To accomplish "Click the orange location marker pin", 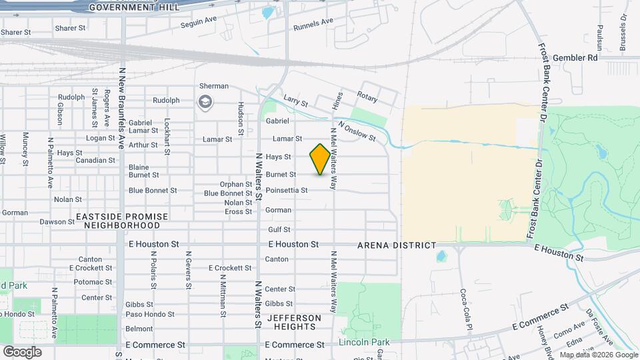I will (x=320, y=159).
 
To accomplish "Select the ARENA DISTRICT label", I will (x=397, y=245).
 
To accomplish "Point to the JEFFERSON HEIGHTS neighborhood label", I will (x=294, y=322).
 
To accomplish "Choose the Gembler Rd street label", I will (x=575, y=58).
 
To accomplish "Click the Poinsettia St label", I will (x=287, y=190).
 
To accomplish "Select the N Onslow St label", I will (x=357, y=131).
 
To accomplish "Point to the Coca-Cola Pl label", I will (x=466, y=309).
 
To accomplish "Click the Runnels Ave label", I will (x=313, y=25).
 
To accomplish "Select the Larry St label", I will (x=295, y=103).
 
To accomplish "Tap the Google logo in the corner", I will (x=22, y=351).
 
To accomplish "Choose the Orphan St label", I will (x=236, y=184).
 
